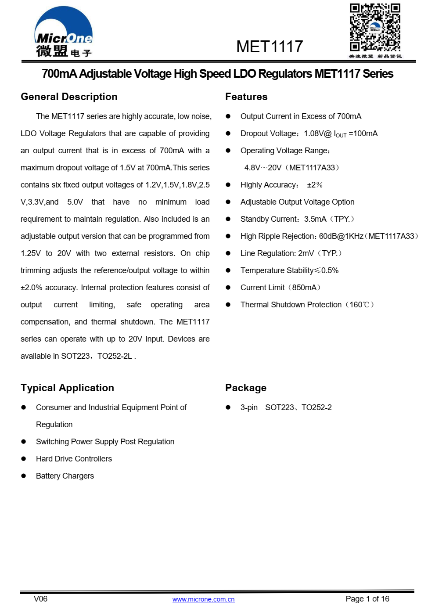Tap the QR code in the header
[375, 28]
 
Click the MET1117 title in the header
[270, 47]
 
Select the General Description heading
[69, 97]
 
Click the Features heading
[246, 97]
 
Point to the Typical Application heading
[67, 388]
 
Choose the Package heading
[246, 388]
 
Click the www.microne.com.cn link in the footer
[203, 599]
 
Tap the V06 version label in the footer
[40, 599]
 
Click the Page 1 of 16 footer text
[367, 599]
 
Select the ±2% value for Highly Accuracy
[315, 185]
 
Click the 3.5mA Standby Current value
[315, 219]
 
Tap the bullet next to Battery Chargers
[24, 476]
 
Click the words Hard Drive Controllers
[74, 459]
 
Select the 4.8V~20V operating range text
[263, 168]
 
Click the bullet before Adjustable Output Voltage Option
[228, 202]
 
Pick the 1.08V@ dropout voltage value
[317, 133]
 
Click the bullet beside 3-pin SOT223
[228, 407]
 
